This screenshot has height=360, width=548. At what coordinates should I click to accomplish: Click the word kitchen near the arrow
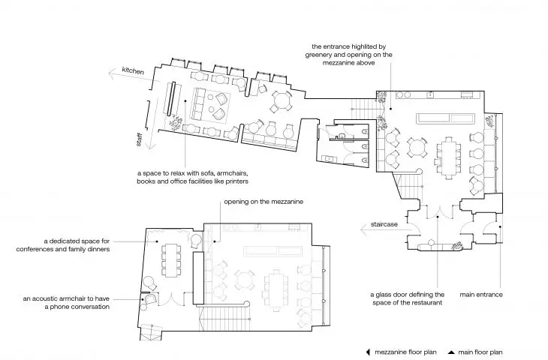pos(133,70)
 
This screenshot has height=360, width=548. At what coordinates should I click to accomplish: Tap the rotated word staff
pos(139,139)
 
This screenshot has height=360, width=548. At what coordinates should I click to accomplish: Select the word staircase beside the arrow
pos(384,224)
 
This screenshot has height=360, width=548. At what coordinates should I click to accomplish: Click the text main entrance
pos(481,294)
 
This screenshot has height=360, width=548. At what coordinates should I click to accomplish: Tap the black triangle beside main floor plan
pos(452,352)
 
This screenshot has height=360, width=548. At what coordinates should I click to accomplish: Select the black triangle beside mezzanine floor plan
pos(368,352)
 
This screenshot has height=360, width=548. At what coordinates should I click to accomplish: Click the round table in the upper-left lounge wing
pos(282,101)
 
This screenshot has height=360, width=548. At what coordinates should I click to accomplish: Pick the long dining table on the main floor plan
pos(448,157)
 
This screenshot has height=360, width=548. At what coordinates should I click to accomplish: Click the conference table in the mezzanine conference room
pos(171,260)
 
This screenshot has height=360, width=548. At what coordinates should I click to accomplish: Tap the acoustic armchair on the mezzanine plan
pos(151,299)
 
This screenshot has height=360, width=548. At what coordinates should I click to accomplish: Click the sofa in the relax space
pos(198,103)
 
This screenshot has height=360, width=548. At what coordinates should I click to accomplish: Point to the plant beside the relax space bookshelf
pos(176,122)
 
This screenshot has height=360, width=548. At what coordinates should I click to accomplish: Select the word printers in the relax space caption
pos(236,181)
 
